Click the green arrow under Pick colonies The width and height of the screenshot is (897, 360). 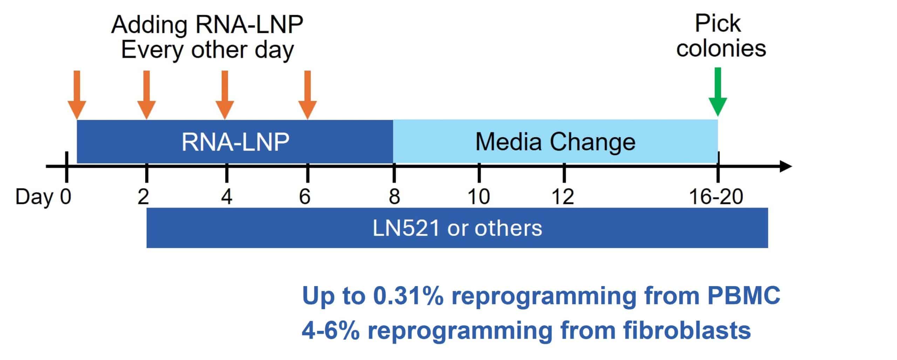[718, 92]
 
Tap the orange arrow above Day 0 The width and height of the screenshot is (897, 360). [77, 95]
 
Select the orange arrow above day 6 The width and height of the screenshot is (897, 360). [307, 95]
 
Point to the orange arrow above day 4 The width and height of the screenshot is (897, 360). [225, 95]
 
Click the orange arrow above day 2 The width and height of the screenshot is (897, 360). [146, 95]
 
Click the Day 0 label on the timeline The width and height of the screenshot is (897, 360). [43, 197]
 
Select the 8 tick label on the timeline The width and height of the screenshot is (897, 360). [394, 197]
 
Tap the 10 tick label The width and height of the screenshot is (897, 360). [479, 197]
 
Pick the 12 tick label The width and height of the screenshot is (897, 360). [563, 197]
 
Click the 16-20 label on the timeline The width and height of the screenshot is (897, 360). [716, 197]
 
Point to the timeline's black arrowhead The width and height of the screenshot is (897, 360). [785, 166]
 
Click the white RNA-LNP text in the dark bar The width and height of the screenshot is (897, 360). [235, 142]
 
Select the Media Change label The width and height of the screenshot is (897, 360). [555, 142]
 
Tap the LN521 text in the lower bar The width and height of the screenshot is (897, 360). [406, 228]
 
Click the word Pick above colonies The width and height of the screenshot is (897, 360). [718, 24]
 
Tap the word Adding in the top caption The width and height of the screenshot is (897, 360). [149, 25]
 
